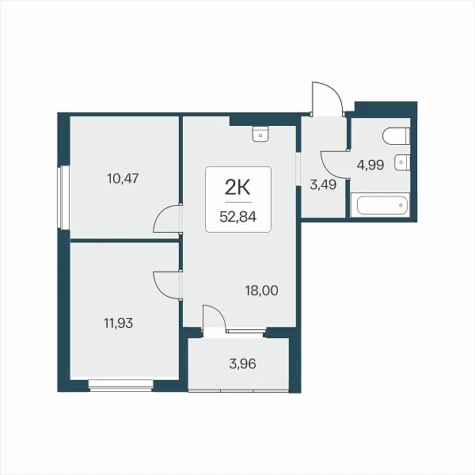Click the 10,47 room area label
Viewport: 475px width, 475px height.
pyautogui.click(x=123, y=178)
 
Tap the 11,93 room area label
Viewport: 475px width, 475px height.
pyautogui.click(x=119, y=323)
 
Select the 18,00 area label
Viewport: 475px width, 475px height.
pyautogui.click(x=262, y=291)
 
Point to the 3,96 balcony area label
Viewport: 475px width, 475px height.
pyautogui.click(x=243, y=364)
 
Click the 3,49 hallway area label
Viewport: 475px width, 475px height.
pyautogui.click(x=323, y=184)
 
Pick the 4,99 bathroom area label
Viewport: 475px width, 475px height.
pyautogui.click(x=370, y=165)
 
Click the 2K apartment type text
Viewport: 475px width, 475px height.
pyautogui.click(x=237, y=188)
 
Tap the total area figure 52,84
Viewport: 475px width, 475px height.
pyautogui.click(x=238, y=217)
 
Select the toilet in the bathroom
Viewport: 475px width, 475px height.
pyautogui.click(x=397, y=136)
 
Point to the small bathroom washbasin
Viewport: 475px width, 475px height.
pyautogui.click(x=402, y=162)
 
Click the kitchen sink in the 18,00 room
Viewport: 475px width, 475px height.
pyautogui.click(x=260, y=135)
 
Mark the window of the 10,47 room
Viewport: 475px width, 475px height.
pyautogui.click(x=63, y=197)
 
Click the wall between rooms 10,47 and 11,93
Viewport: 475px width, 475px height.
pyautogui.click(x=124, y=240)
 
